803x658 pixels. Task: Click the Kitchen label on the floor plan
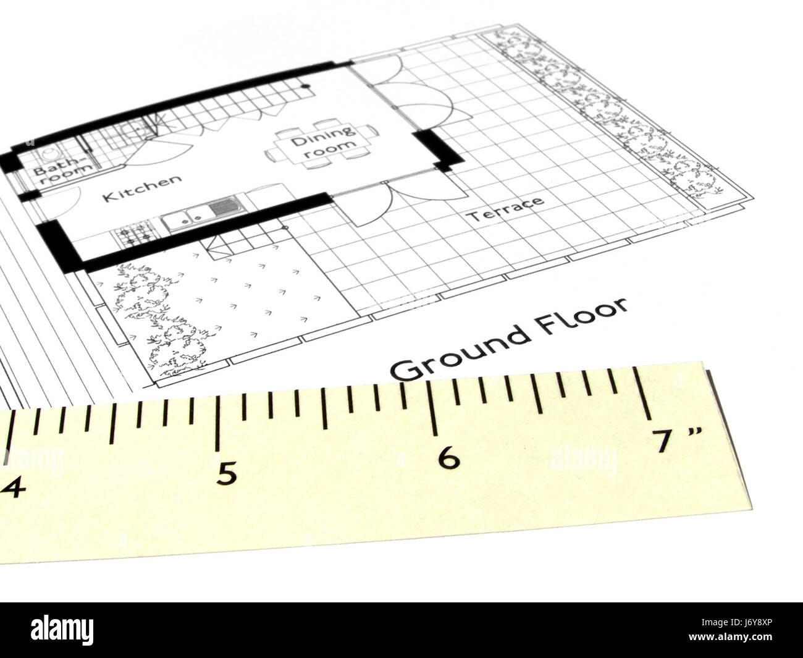coord(142,189)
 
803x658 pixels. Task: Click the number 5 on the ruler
coord(227,475)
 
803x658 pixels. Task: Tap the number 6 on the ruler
coord(448,458)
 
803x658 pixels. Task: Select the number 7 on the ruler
coord(665,442)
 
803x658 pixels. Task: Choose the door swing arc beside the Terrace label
coord(377,204)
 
